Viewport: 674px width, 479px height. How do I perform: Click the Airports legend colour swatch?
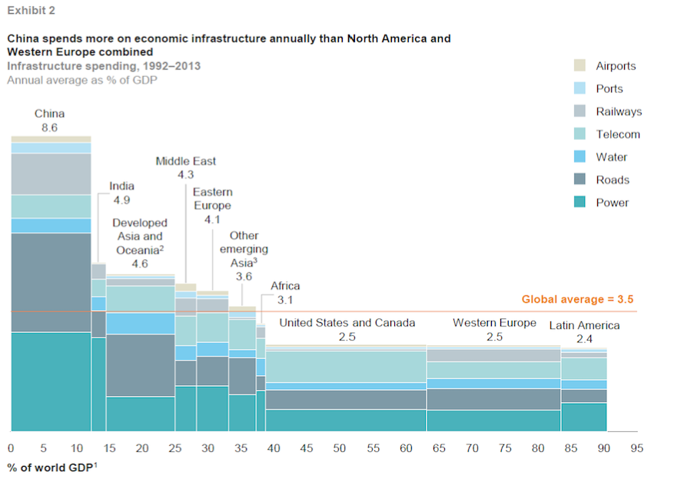pos(580,66)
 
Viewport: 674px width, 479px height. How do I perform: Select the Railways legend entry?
pos(619,111)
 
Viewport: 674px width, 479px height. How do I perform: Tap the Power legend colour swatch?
pos(580,203)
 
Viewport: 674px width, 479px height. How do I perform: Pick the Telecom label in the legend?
pos(618,135)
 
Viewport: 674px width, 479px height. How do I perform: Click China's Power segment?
pos(51,381)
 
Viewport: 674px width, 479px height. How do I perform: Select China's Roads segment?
pos(51,282)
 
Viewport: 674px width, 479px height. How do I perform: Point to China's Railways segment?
pos(51,174)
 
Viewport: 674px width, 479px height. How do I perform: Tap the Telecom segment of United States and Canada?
pos(346,367)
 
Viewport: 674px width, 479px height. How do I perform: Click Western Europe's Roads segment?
pos(493,399)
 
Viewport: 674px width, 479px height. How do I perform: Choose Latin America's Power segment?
pos(584,416)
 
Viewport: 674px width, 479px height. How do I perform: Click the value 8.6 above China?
pos(49,128)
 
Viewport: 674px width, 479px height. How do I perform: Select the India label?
pos(121,186)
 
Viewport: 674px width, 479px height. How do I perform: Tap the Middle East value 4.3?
pos(185,175)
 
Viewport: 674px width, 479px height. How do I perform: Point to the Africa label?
pos(285,286)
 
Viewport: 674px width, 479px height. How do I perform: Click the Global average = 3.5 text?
pos(577,300)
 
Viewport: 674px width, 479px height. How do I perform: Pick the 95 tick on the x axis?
pos(636,447)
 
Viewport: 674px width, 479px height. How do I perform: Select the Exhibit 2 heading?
pos(31,11)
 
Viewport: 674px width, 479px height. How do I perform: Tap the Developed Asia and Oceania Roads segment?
pos(141,365)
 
